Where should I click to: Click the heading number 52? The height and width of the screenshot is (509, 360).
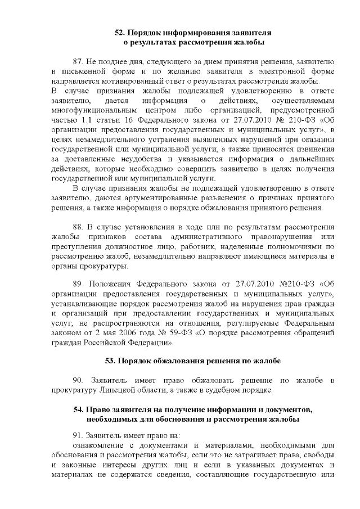click(x=120, y=33)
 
